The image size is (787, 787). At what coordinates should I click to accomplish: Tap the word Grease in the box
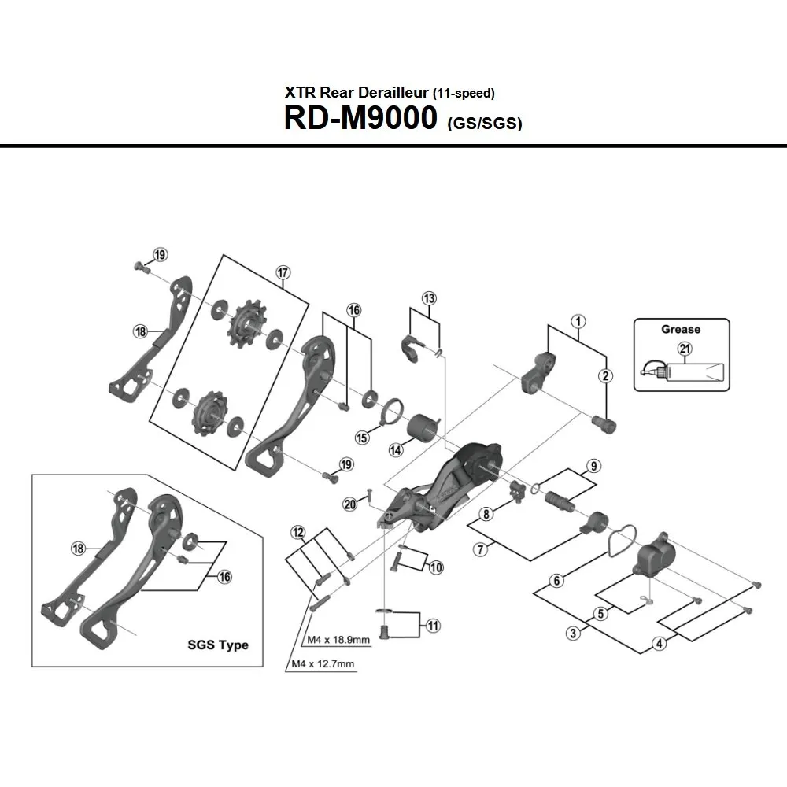[681, 329]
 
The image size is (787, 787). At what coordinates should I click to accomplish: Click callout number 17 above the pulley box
[283, 272]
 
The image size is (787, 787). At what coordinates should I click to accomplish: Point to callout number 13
[429, 299]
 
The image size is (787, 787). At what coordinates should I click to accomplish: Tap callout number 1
[578, 321]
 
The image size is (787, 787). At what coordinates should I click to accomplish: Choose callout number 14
[395, 450]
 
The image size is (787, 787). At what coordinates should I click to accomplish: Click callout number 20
[350, 504]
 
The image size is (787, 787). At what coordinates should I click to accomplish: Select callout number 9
[593, 465]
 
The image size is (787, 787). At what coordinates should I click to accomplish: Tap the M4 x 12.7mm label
[322, 664]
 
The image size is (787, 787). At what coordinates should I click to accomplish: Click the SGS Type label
[218, 645]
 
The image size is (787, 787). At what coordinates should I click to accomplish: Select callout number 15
[362, 438]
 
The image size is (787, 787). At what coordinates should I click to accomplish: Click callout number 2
[606, 376]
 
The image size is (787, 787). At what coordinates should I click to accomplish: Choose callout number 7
[479, 549]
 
